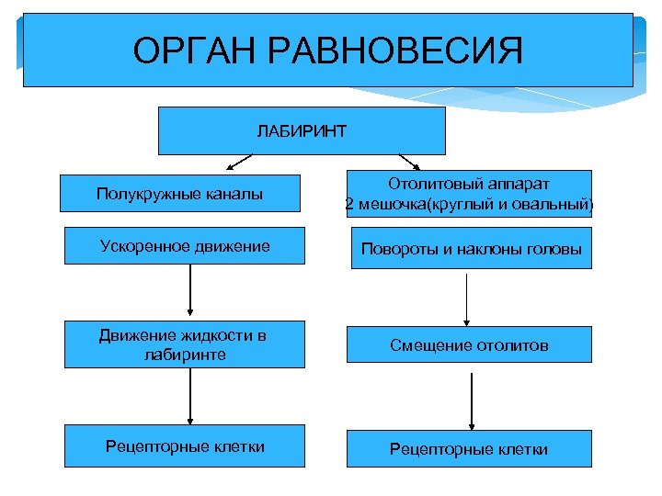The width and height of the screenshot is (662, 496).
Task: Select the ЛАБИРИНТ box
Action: pos(302,130)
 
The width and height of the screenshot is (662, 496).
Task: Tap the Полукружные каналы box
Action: pos(180,193)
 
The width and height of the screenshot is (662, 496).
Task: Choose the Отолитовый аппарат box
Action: pos(469,193)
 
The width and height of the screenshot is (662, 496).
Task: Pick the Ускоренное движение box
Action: pos(184,246)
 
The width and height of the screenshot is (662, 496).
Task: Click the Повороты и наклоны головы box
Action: pos(471,249)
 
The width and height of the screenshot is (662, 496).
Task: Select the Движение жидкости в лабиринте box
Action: pos(183,344)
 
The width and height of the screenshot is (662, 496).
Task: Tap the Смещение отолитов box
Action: pos(469,345)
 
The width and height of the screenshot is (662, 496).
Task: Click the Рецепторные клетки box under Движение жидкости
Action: pos(185,446)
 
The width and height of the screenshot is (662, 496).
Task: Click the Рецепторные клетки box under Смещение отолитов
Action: pos(469,448)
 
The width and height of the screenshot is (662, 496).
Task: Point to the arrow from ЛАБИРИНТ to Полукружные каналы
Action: pos(238,163)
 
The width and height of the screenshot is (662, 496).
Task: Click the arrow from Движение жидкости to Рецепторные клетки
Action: pos(189,396)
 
